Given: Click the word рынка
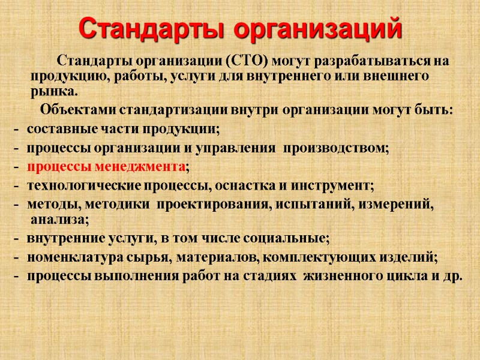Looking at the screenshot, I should coord(54,92).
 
